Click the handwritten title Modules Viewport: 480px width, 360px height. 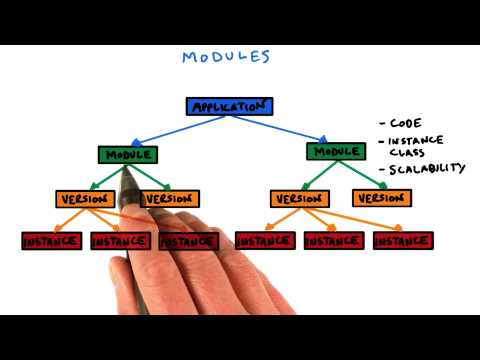(225, 56)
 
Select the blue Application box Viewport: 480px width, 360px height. (229, 106)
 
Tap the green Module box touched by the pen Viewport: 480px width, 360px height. (127, 155)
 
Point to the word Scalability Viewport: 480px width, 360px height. (427, 168)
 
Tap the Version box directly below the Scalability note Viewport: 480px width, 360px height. (381, 198)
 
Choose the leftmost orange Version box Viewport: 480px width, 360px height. (84, 198)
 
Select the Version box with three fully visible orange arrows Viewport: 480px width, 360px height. (299, 198)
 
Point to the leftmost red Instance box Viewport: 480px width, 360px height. (51, 241)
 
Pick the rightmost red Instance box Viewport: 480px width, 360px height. (403, 241)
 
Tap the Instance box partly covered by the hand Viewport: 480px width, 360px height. (189, 241)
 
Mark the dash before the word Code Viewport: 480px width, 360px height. (383, 124)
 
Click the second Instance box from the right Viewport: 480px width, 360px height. (334, 241)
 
